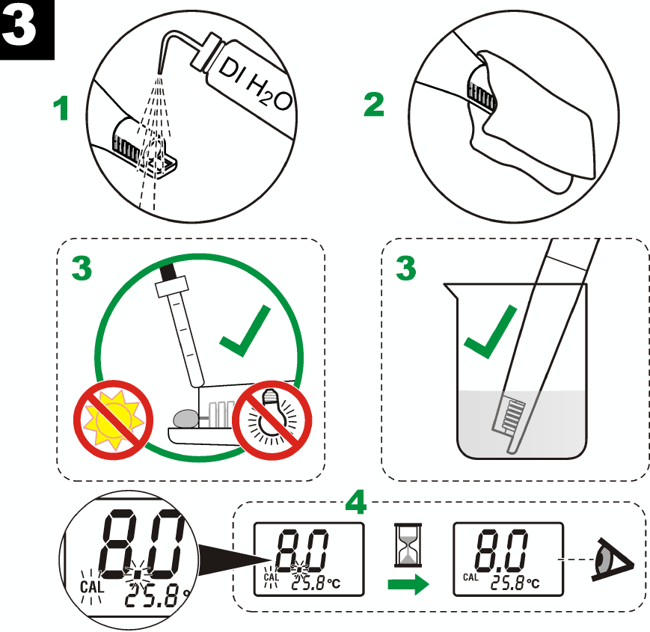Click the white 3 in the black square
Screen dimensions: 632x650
[27, 29]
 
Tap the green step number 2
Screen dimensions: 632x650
[374, 105]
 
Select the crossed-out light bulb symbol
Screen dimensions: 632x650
[269, 417]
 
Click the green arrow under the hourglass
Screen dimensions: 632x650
[407, 585]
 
